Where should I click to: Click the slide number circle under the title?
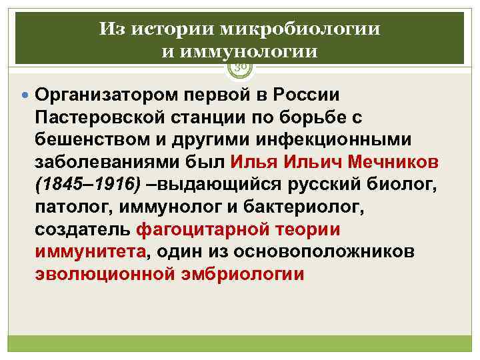click(x=240, y=65)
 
